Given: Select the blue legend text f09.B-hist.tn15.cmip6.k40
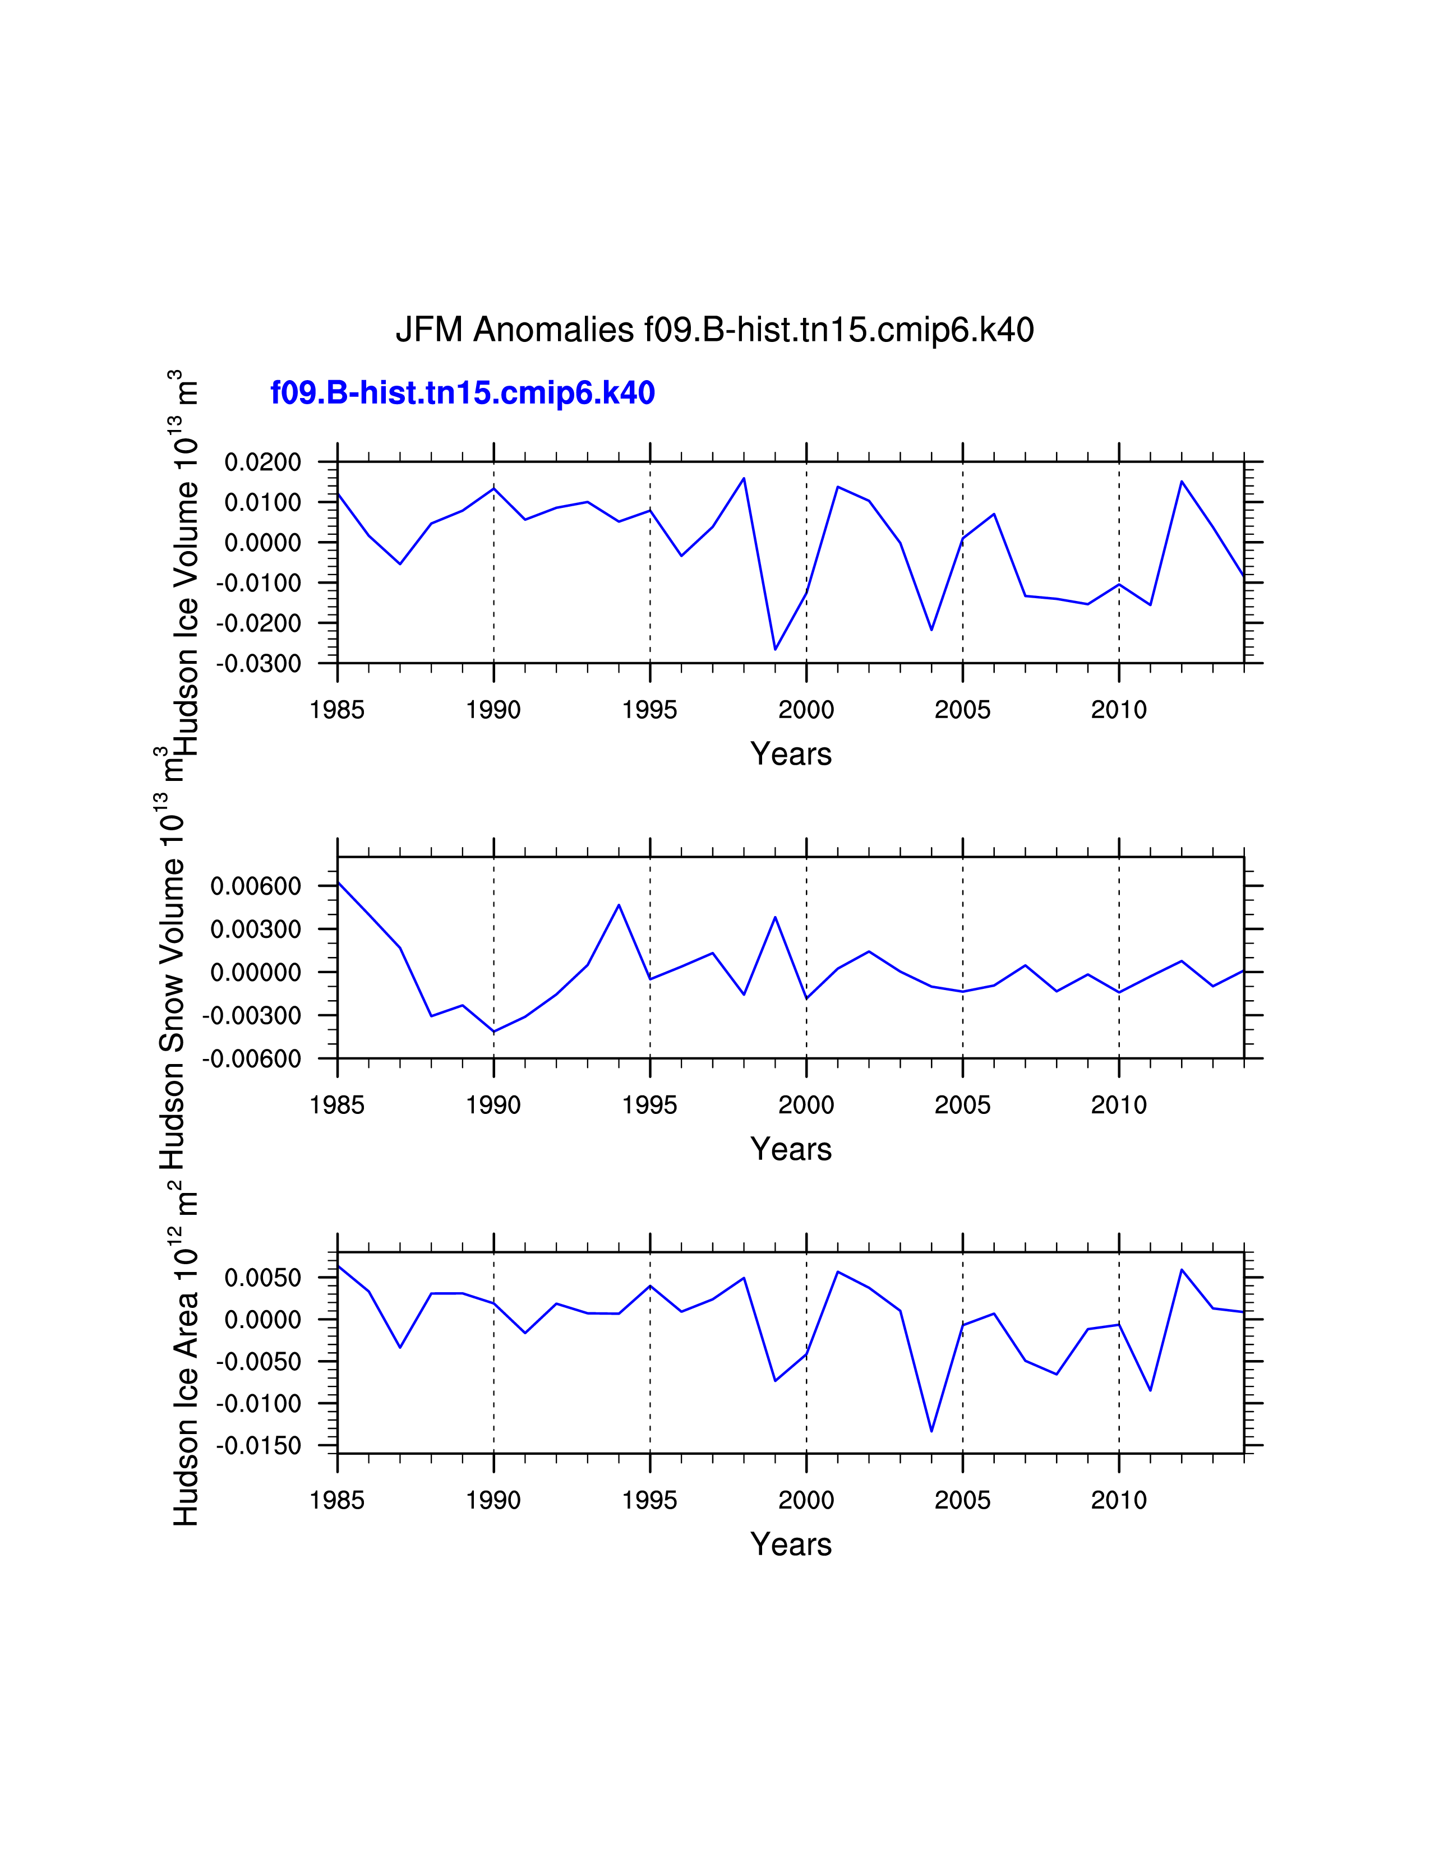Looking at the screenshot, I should (x=463, y=393).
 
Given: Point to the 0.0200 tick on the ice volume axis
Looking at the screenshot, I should (x=262, y=462).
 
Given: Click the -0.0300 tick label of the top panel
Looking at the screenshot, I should (x=259, y=663).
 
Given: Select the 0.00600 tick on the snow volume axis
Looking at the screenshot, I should (x=256, y=886).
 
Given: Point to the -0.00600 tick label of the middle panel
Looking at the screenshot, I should (x=252, y=1059).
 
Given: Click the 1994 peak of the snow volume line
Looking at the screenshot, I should (x=619, y=905).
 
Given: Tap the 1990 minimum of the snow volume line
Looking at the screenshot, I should (x=494, y=1032).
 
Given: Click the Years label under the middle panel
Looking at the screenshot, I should (x=790, y=1149).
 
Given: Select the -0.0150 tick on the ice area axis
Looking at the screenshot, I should (x=259, y=1446).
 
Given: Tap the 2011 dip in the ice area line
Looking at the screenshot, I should (x=1150, y=1390).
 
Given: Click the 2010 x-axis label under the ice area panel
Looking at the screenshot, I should (x=1118, y=1500).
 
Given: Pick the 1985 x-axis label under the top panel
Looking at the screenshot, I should (x=337, y=710).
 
